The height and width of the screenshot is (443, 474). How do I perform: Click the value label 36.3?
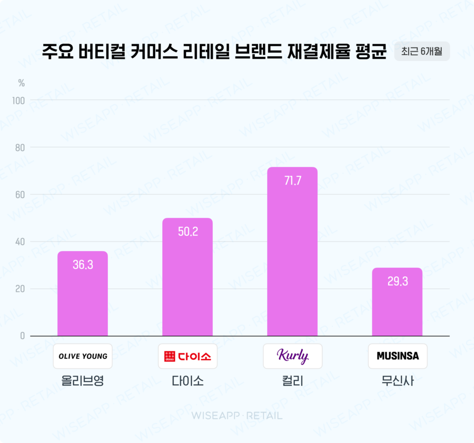[x=83, y=265]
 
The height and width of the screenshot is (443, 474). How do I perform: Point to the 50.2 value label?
[x=187, y=231]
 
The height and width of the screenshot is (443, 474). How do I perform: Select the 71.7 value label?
[x=292, y=181]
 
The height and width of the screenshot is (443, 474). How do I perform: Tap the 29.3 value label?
[x=397, y=281]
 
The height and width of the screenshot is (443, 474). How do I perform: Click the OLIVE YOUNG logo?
[x=83, y=356]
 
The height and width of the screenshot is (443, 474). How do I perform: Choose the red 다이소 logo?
[x=187, y=356]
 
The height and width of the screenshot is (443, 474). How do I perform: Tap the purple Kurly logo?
[x=292, y=356]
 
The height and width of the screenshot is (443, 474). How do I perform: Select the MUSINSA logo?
[x=397, y=356]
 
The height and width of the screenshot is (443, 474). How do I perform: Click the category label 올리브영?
[x=83, y=381]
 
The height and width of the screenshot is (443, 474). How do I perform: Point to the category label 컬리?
[x=292, y=381]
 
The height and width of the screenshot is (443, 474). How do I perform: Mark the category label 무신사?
[x=397, y=381]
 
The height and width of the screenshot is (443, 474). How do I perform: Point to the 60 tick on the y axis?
[x=20, y=195]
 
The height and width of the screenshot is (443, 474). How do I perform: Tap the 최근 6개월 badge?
[x=422, y=52]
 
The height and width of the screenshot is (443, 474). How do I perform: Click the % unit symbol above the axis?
[x=22, y=83]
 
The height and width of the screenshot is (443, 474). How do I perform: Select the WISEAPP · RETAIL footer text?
[x=236, y=416]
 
